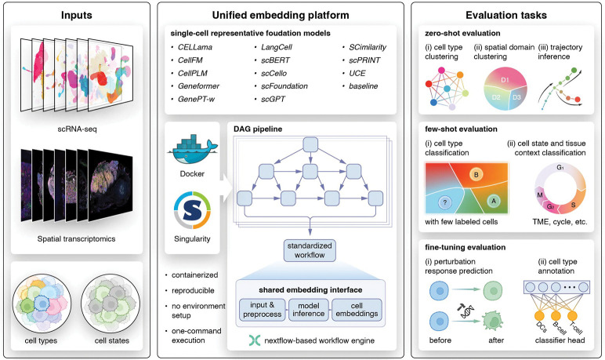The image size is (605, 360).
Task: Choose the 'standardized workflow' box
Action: click(311, 249)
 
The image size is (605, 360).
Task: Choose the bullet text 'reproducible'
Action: click(196, 289)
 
